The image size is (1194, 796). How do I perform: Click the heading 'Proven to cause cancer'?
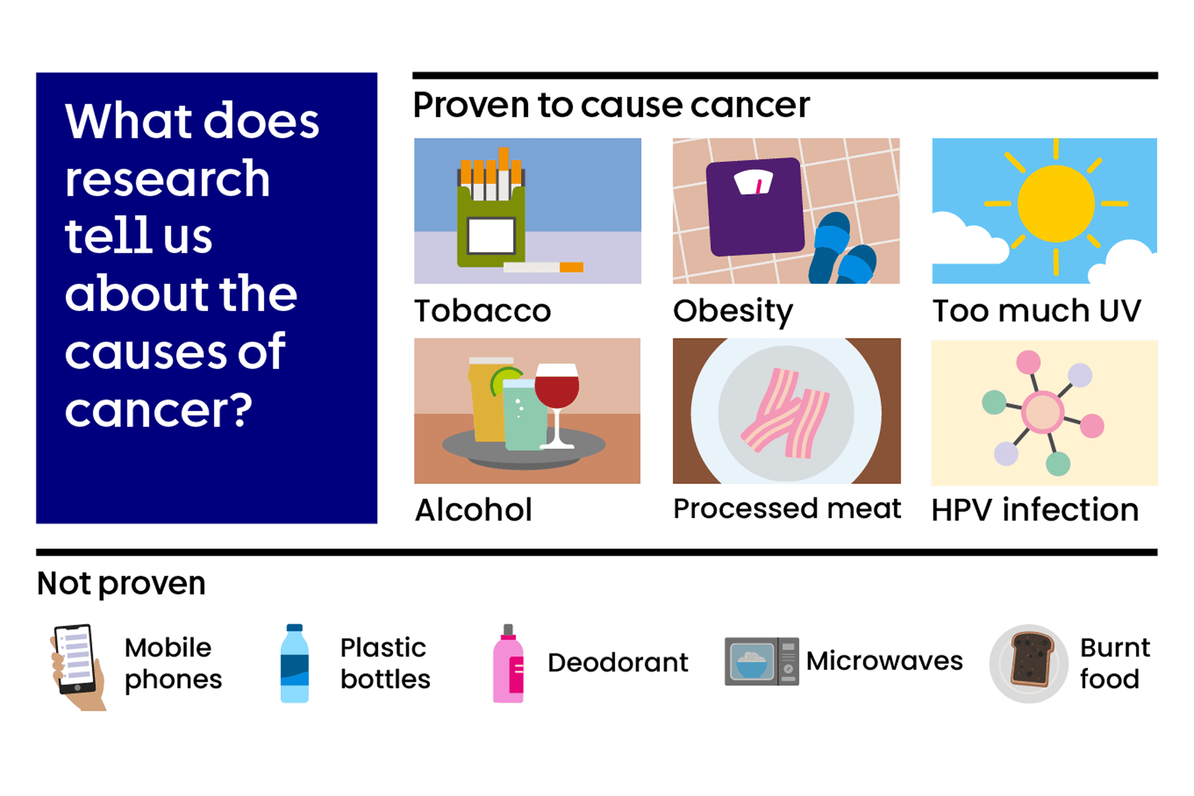tap(611, 105)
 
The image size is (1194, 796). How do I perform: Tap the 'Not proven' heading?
tap(121, 583)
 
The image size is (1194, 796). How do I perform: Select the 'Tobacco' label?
tap(483, 311)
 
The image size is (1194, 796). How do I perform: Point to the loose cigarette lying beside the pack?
tap(543, 268)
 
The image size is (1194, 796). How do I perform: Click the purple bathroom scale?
tap(756, 207)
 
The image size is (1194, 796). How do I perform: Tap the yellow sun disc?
tap(1056, 203)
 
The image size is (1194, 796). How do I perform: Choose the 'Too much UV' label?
tap(1036, 311)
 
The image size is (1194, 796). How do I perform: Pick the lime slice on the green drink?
tap(504, 379)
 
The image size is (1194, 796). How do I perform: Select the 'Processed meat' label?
tap(787, 509)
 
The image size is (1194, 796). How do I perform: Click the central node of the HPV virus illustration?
tap(1043, 411)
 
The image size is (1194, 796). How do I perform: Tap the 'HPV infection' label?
tap(1035, 510)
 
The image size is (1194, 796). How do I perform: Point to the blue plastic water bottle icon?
tap(295, 663)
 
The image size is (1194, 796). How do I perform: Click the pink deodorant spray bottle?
tap(508, 666)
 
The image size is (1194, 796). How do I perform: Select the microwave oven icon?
tap(761, 662)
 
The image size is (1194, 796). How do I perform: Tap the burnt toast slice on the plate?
tap(1031, 660)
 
